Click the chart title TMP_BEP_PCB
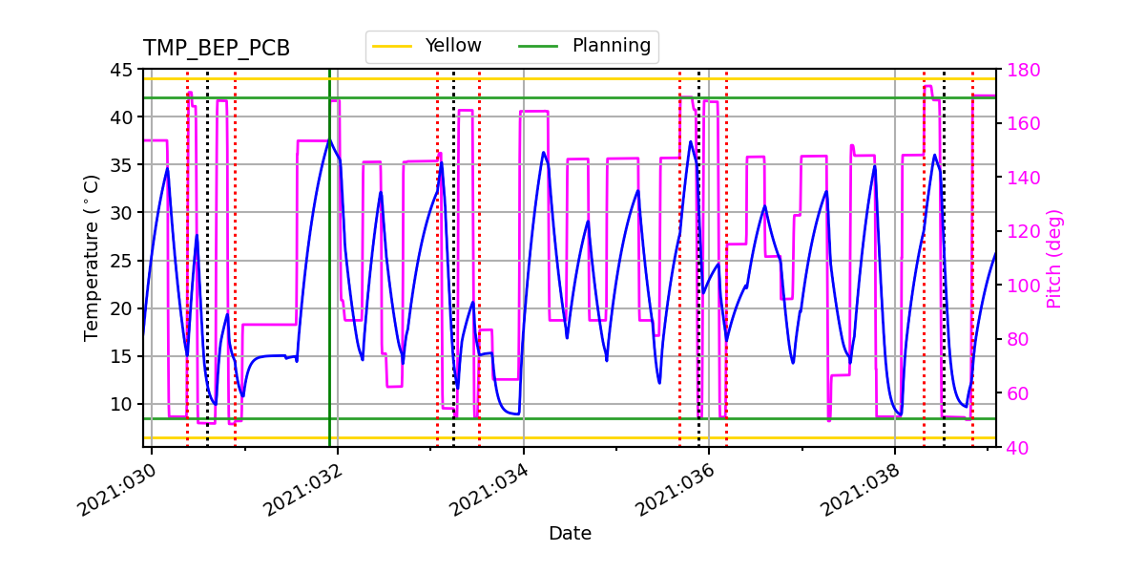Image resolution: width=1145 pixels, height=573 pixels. (217, 49)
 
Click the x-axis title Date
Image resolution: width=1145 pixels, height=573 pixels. (570, 534)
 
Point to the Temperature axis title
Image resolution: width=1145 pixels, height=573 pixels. (92, 258)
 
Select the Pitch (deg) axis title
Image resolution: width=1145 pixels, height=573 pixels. (1054, 258)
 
